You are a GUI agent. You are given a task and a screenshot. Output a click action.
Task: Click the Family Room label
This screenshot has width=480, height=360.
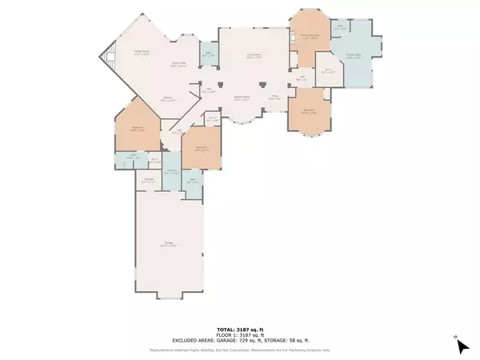tap(141, 53)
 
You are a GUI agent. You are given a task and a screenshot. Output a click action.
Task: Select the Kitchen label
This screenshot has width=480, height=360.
tap(167, 100)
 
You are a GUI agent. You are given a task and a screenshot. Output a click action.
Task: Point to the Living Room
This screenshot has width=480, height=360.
tap(254, 57)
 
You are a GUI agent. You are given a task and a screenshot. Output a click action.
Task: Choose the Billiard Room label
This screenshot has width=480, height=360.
tap(241, 98)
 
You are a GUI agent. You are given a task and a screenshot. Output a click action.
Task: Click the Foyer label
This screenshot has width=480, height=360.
tap(274, 98)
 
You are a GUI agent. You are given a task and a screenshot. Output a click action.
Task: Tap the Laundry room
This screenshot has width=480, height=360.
tap(172, 173)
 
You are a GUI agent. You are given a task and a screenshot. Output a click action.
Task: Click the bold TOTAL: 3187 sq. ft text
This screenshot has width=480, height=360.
tap(239, 330)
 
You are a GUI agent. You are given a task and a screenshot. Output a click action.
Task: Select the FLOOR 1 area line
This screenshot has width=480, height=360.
tap(239, 334)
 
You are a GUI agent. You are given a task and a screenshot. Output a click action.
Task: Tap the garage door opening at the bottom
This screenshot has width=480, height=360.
tap(167, 297)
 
